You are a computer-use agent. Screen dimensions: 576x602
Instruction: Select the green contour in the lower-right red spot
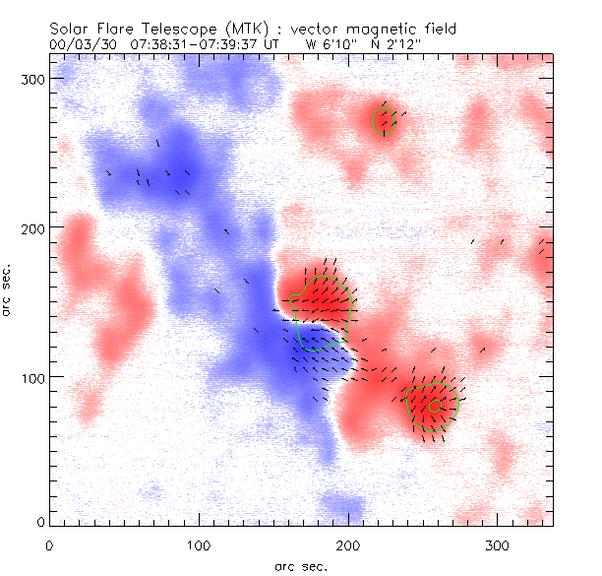(x=433, y=404)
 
